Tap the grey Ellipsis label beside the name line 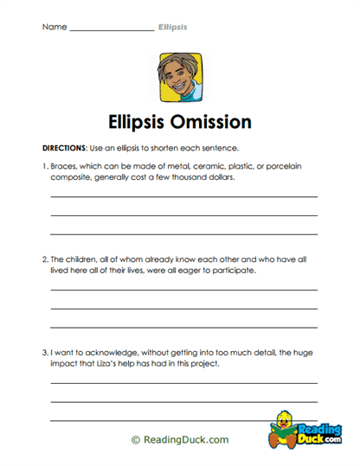[x=172, y=27]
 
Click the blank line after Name [x=111, y=29]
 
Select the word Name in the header [x=54, y=27]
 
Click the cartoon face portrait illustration [x=180, y=77]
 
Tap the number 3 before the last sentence [x=43, y=353]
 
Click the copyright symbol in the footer [x=135, y=440]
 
